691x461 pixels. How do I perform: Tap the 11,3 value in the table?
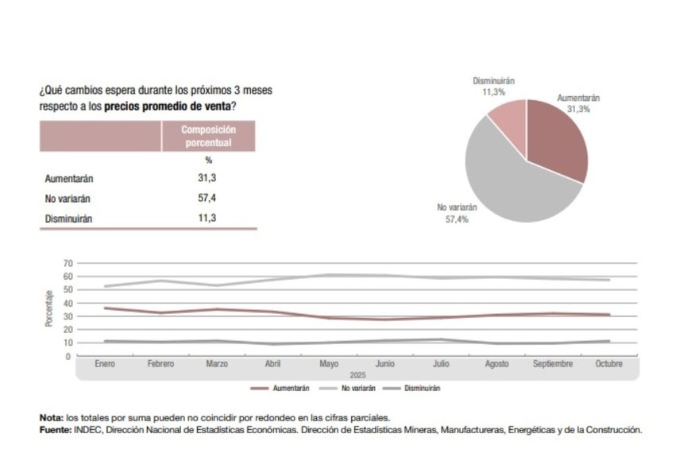[207, 218]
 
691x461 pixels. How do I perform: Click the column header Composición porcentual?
[208, 136]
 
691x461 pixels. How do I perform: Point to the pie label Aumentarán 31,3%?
[578, 103]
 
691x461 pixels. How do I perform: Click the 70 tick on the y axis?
[68, 263]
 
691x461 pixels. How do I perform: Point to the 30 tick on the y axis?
[68, 316]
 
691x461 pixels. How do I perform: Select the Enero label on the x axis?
[105, 364]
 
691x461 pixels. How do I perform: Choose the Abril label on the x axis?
[272, 364]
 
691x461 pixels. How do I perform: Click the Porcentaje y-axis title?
[49, 308]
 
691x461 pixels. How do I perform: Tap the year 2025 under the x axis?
[356, 374]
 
